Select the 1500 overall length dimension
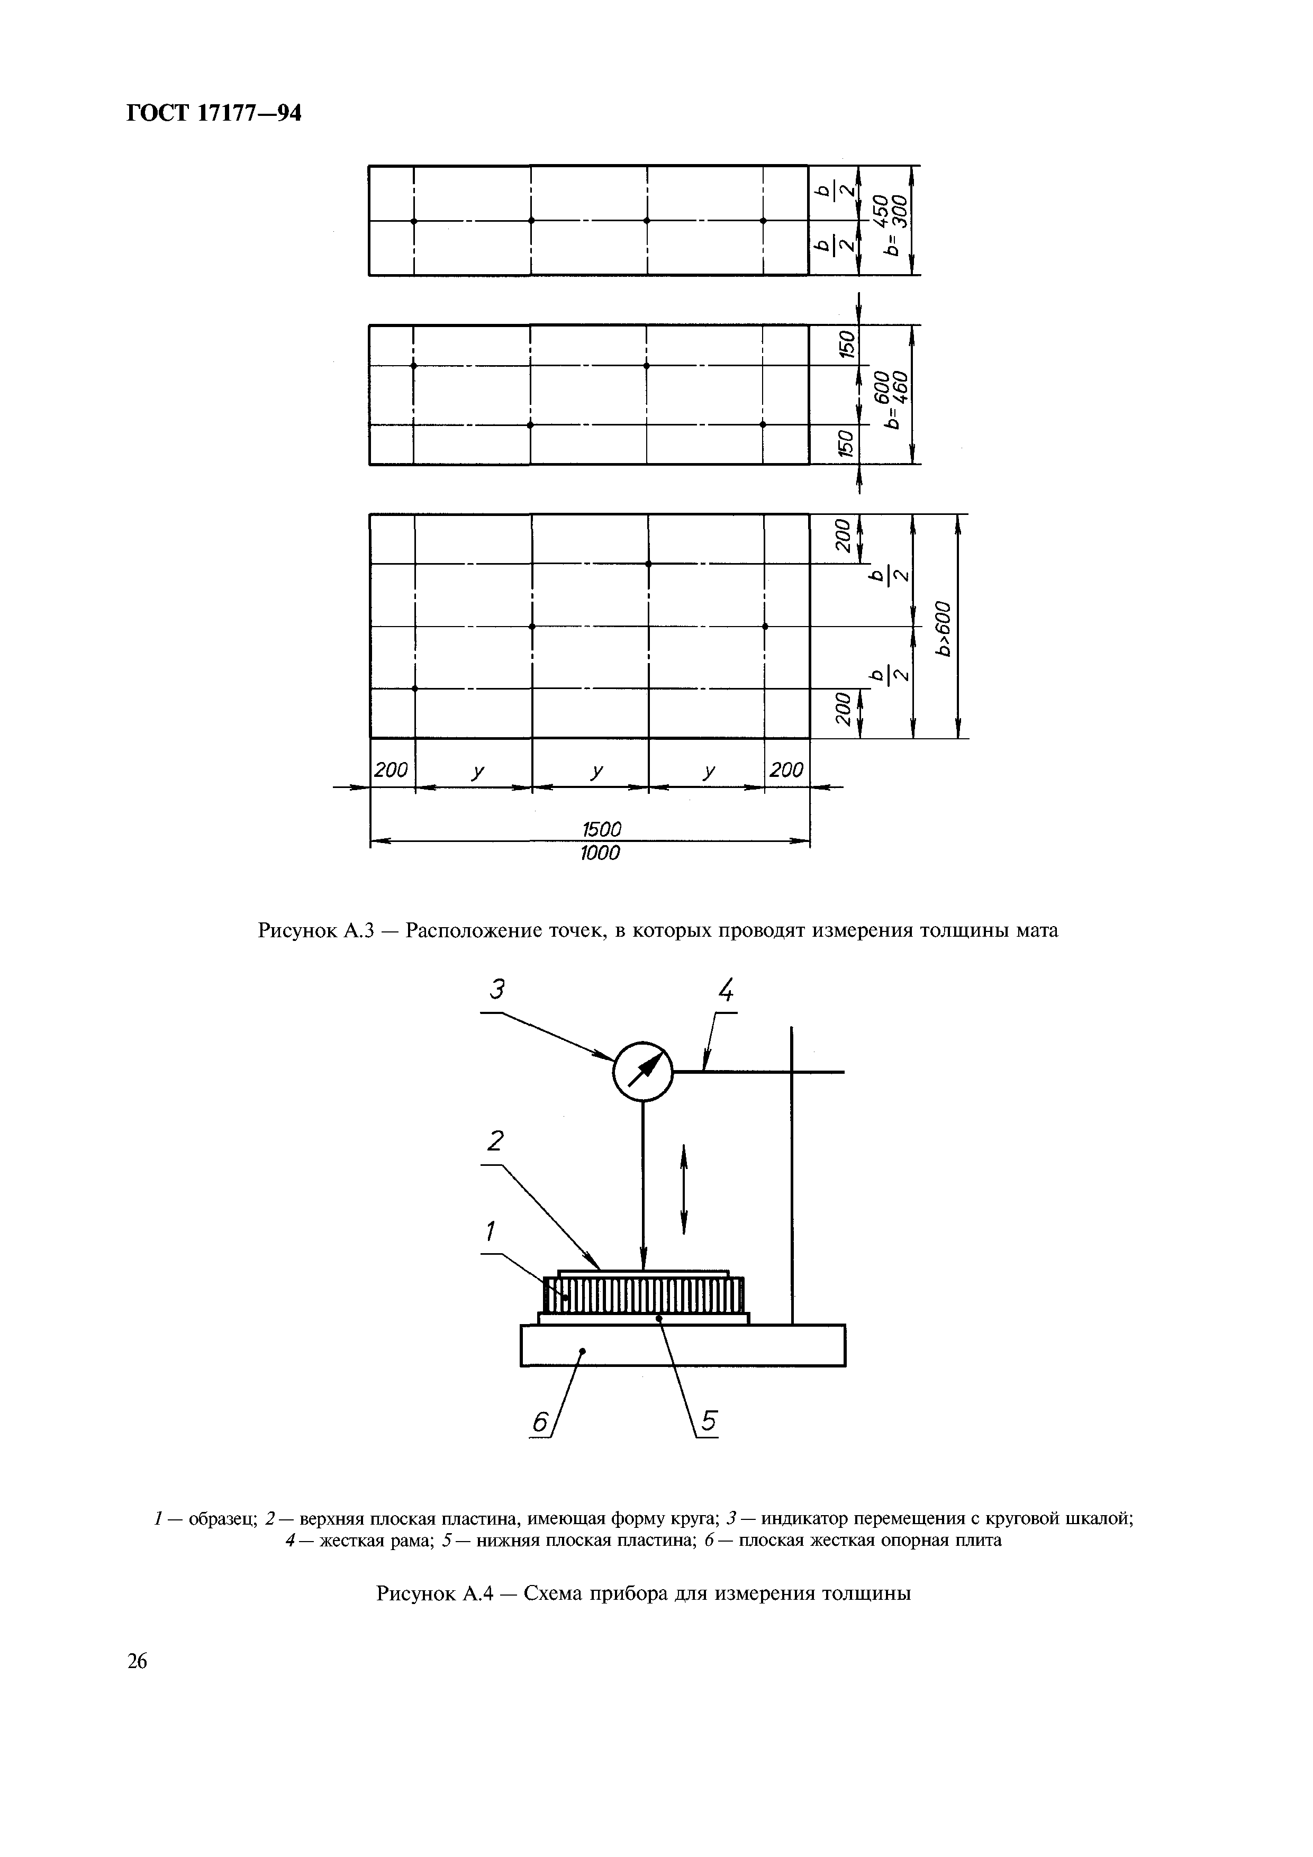(x=602, y=830)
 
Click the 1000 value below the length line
(x=600, y=853)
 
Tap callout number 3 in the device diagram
(x=499, y=989)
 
